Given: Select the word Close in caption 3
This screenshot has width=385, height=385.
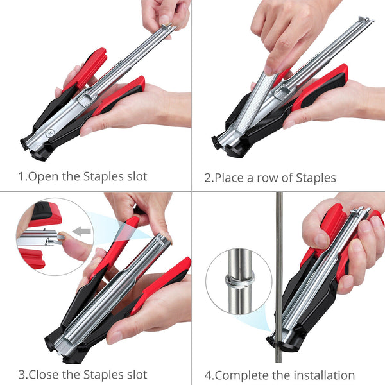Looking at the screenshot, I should pos(42,374).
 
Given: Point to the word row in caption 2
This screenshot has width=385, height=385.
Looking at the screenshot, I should pos(268,177).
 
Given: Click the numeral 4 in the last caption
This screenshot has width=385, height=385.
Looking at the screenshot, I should pos(208,375).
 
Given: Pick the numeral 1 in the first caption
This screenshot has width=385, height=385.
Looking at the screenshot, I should pos(21,176).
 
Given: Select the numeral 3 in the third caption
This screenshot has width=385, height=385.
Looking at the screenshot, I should pos(21,374).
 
